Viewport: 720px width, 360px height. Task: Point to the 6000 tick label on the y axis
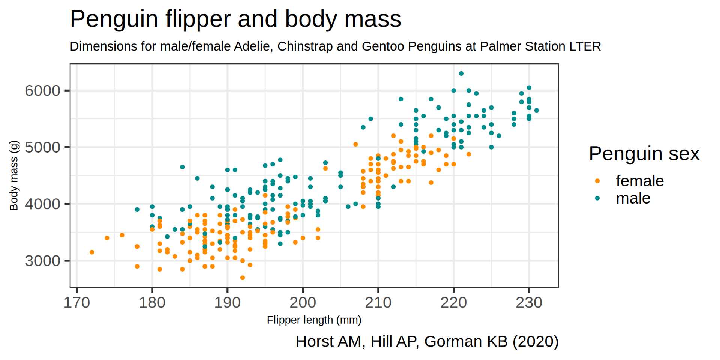42,91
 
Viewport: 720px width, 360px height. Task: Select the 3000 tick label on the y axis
42,261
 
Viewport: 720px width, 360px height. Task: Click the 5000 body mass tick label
42,147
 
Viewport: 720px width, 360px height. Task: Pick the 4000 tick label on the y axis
42,204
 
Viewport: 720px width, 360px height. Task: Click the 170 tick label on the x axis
77,303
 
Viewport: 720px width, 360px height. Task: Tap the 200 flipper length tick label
303,303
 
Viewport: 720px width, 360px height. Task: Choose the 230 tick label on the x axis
529,303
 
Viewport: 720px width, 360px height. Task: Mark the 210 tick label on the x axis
378,303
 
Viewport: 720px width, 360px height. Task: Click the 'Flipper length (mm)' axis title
314,320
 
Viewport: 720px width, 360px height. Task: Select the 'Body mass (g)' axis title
14,175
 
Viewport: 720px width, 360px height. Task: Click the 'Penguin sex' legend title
644,154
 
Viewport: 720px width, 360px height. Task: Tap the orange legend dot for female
597,181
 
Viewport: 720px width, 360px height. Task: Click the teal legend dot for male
597,198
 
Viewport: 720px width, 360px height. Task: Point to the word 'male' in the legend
633,198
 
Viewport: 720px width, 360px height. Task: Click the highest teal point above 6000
461,73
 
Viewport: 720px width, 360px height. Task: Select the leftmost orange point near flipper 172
92,252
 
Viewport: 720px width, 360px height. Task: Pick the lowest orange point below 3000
243,277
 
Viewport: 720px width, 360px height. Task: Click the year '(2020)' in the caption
535,342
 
